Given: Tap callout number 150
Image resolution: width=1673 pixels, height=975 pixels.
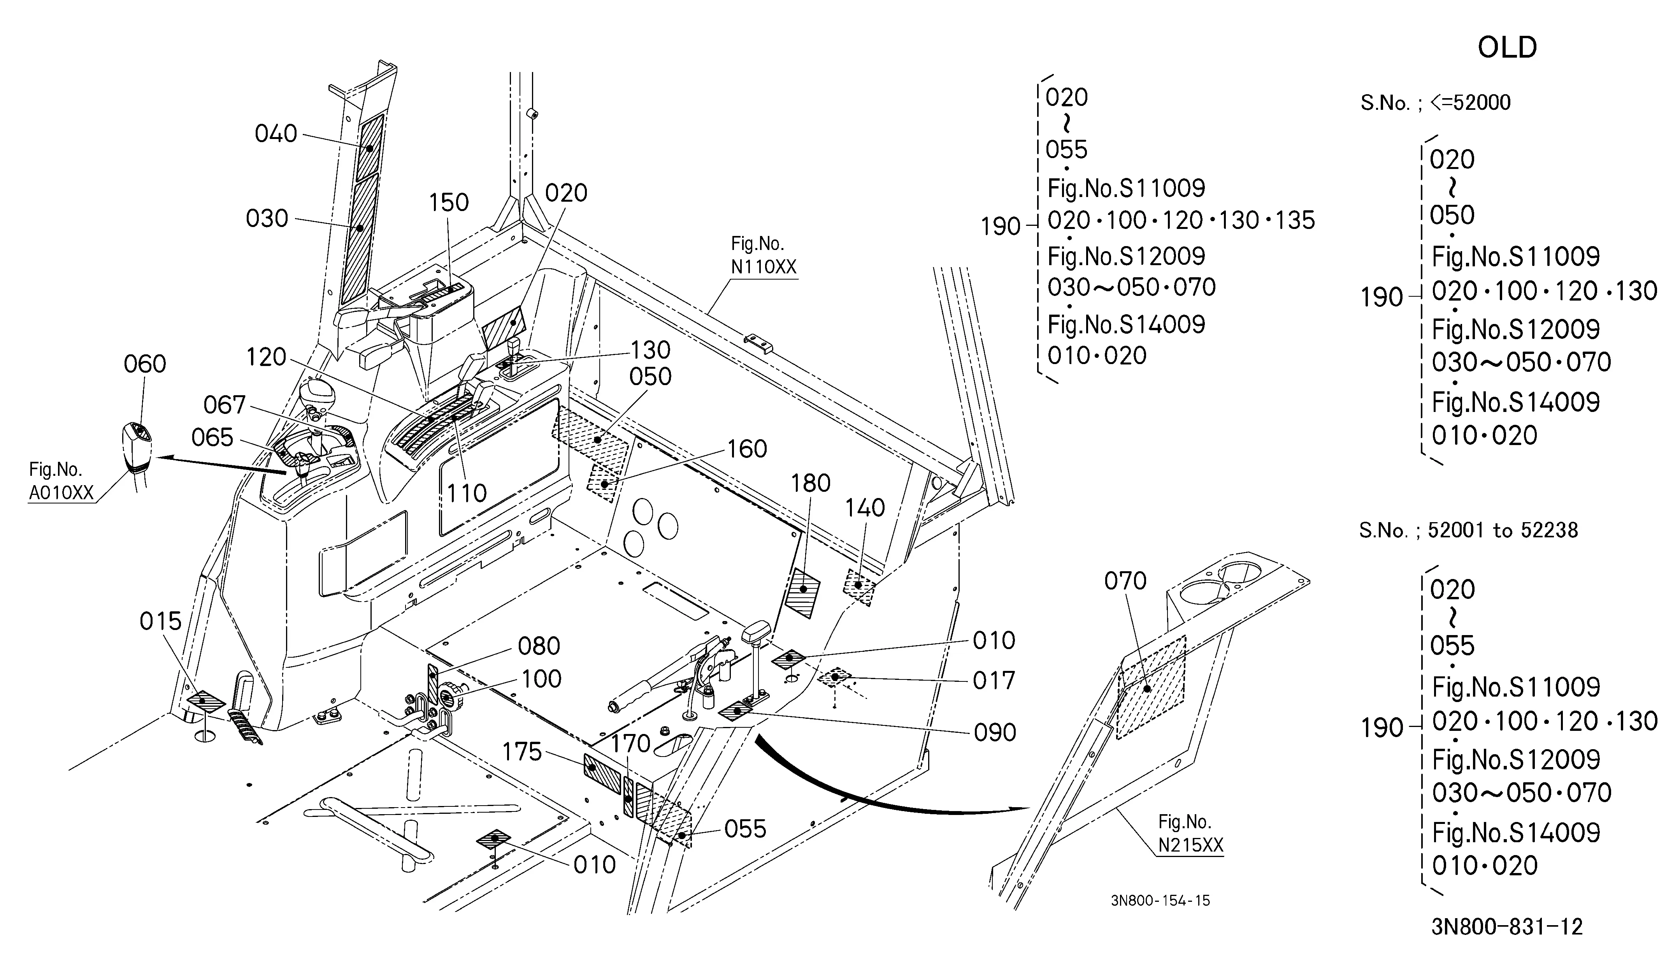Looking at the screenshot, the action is (x=449, y=202).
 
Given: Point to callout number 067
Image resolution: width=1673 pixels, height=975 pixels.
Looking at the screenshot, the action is (x=225, y=405).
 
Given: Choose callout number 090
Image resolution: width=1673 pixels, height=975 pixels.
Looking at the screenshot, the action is (x=995, y=732).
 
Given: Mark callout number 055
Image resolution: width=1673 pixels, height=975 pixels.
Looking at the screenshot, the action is (x=745, y=829).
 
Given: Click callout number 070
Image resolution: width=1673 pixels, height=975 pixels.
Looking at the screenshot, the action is (x=1125, y=581).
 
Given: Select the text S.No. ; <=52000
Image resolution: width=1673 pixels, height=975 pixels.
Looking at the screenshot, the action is (x=1435, y=102).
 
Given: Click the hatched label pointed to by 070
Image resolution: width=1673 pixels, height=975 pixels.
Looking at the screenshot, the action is (x=1150, y=687).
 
